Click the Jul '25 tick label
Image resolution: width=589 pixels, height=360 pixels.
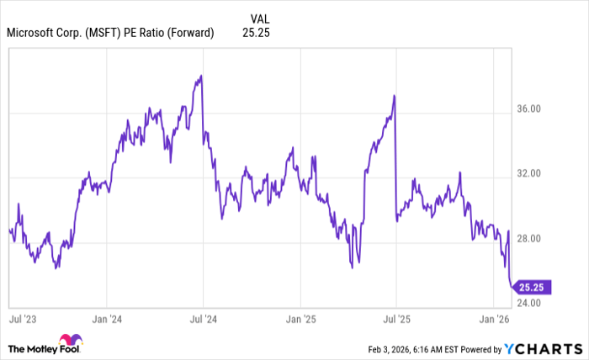(x=395, y=320)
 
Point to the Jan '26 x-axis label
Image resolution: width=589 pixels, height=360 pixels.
(x=491, y=320)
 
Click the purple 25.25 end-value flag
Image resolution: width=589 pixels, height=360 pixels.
(x=531, y=287)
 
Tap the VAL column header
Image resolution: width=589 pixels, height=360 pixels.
(x=261, y=17)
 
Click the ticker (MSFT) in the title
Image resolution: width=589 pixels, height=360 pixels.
(x=103, y=34)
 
